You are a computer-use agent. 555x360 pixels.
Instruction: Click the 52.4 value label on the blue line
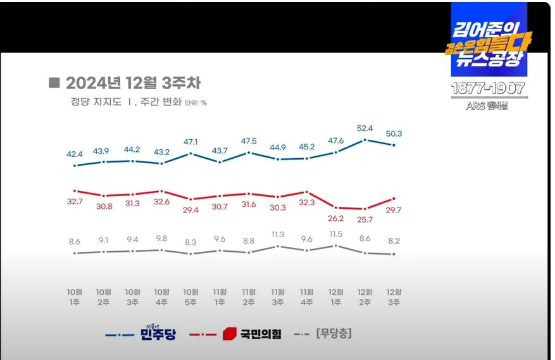point(365,128)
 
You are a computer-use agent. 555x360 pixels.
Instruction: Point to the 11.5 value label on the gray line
point(335,234)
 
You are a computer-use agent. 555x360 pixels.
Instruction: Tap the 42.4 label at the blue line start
point(75,154)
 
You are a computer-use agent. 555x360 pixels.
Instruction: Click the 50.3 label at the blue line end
point(394,133)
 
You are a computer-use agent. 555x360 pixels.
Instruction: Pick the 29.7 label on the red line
point(394,209)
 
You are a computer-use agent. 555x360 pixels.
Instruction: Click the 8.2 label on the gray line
point(394,241)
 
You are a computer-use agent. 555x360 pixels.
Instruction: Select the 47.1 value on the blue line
point(191,142)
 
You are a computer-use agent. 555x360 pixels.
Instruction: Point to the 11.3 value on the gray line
point(278,234)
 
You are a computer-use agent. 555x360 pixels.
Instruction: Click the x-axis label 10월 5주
point(191,296)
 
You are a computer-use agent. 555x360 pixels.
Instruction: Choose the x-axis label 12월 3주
point(394,296)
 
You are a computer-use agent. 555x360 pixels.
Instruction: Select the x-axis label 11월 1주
point(220,296)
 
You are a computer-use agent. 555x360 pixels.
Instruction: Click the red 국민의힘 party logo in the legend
point(229,333)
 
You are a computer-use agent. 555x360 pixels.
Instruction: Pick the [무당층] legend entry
point(334,333)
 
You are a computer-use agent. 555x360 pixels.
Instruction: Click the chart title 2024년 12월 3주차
point(133,84)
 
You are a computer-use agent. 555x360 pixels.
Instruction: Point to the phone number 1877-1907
point(487,88)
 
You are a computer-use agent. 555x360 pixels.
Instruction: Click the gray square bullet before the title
point(54,83)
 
